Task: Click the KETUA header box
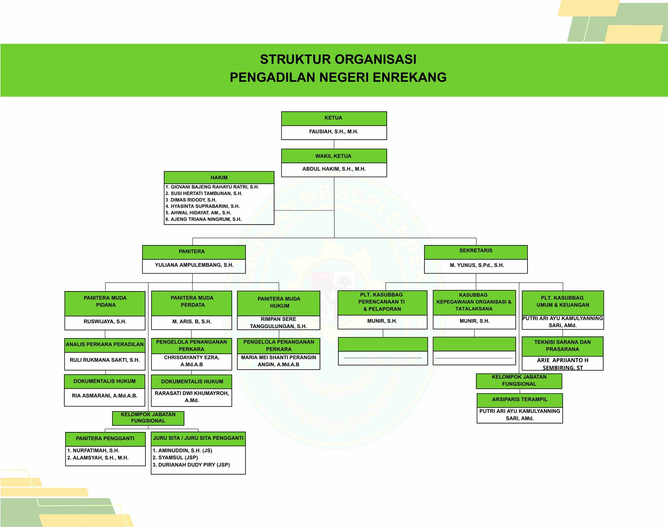[334, 118]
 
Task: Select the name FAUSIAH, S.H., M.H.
[334, 132]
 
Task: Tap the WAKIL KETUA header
[334, 156]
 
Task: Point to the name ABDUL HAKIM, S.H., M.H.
[334, 169]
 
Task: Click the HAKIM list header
[219, 178]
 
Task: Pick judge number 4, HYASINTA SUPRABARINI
[203, 206]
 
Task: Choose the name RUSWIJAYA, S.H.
[105, 322]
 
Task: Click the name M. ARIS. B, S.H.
[192, 322]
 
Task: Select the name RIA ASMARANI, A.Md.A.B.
[105, 396]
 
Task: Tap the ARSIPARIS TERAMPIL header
[520, 399]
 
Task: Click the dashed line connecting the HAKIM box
[304, 210]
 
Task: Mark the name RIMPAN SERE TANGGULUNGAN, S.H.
[278, 323]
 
